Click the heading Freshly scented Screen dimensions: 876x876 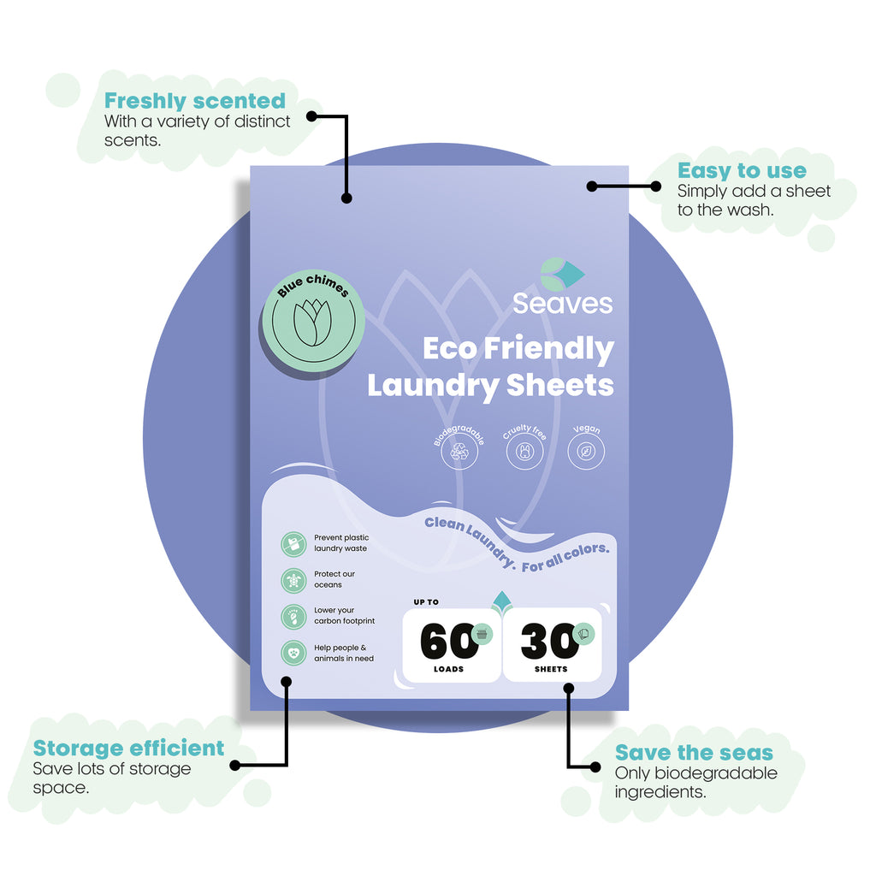point(194,101)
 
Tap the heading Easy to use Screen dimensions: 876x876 point(742,170)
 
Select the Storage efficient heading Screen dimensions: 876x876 point(128,748)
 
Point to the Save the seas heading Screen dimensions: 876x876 point(694,753)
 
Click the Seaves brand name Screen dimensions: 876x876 point(563,304)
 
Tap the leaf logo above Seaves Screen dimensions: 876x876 point(562,274)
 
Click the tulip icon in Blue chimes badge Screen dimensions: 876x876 point(313,323)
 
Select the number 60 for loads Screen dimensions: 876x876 point(448,642)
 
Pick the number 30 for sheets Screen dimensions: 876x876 point(550,642)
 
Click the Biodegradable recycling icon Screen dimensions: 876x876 point(459,452)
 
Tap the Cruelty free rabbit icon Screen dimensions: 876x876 point(524,452)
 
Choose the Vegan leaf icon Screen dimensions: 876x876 point(586,452)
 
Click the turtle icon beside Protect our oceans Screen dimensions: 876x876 point(293,581)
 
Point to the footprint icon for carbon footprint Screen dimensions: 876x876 point(293,617)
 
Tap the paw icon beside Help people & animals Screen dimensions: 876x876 point(293,653)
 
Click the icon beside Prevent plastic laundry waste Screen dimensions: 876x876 point(293,544)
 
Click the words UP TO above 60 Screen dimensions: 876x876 point(426,602)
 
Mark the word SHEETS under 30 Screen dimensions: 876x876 point(551,669)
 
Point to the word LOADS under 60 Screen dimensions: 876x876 point(448,669)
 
